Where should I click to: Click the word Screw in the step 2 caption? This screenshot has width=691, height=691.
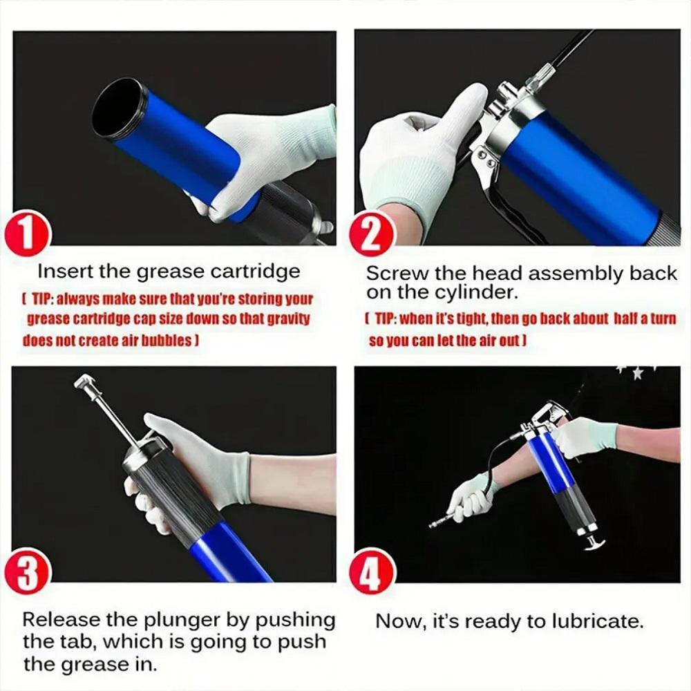[x=391, y=274]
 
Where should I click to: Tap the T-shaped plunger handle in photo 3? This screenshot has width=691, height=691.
[x=86, y=382]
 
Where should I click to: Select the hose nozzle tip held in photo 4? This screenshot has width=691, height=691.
[x=436, y=523]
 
